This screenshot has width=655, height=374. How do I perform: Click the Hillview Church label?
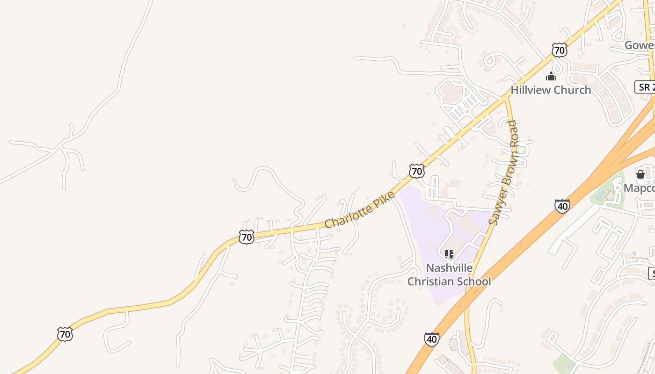(551, 90)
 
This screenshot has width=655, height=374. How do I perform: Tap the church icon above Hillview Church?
(551, 76)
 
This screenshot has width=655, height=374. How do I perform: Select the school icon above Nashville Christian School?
(449, 255)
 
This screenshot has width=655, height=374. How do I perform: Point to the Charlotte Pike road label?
(360, 210)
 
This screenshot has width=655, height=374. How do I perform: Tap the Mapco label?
(639, 187)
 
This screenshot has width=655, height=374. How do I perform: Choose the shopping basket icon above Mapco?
(640, 174)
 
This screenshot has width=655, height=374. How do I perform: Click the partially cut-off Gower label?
(640, 45)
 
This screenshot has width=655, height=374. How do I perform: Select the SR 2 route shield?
(645, 86)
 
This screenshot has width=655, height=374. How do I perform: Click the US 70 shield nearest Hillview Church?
(559, 50)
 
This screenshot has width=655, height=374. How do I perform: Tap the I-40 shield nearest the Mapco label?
(562, 206)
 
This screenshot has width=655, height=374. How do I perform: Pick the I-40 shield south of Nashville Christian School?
(432, 339)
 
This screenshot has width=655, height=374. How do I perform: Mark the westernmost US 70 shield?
(65, 334)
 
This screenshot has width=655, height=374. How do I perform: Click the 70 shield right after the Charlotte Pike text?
(416, 171)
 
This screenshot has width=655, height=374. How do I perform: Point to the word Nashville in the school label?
(449, 268)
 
